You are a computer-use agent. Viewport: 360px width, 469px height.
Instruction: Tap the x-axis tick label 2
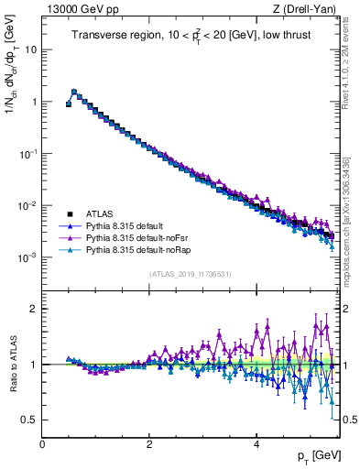[149, 443]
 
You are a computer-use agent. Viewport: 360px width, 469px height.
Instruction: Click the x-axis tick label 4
[256, 443]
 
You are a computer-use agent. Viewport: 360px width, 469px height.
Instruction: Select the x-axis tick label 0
[43, 443]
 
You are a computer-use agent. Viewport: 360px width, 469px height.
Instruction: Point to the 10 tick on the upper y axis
[30, 49]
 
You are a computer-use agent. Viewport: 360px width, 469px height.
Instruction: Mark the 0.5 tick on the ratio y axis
[29, 420]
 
